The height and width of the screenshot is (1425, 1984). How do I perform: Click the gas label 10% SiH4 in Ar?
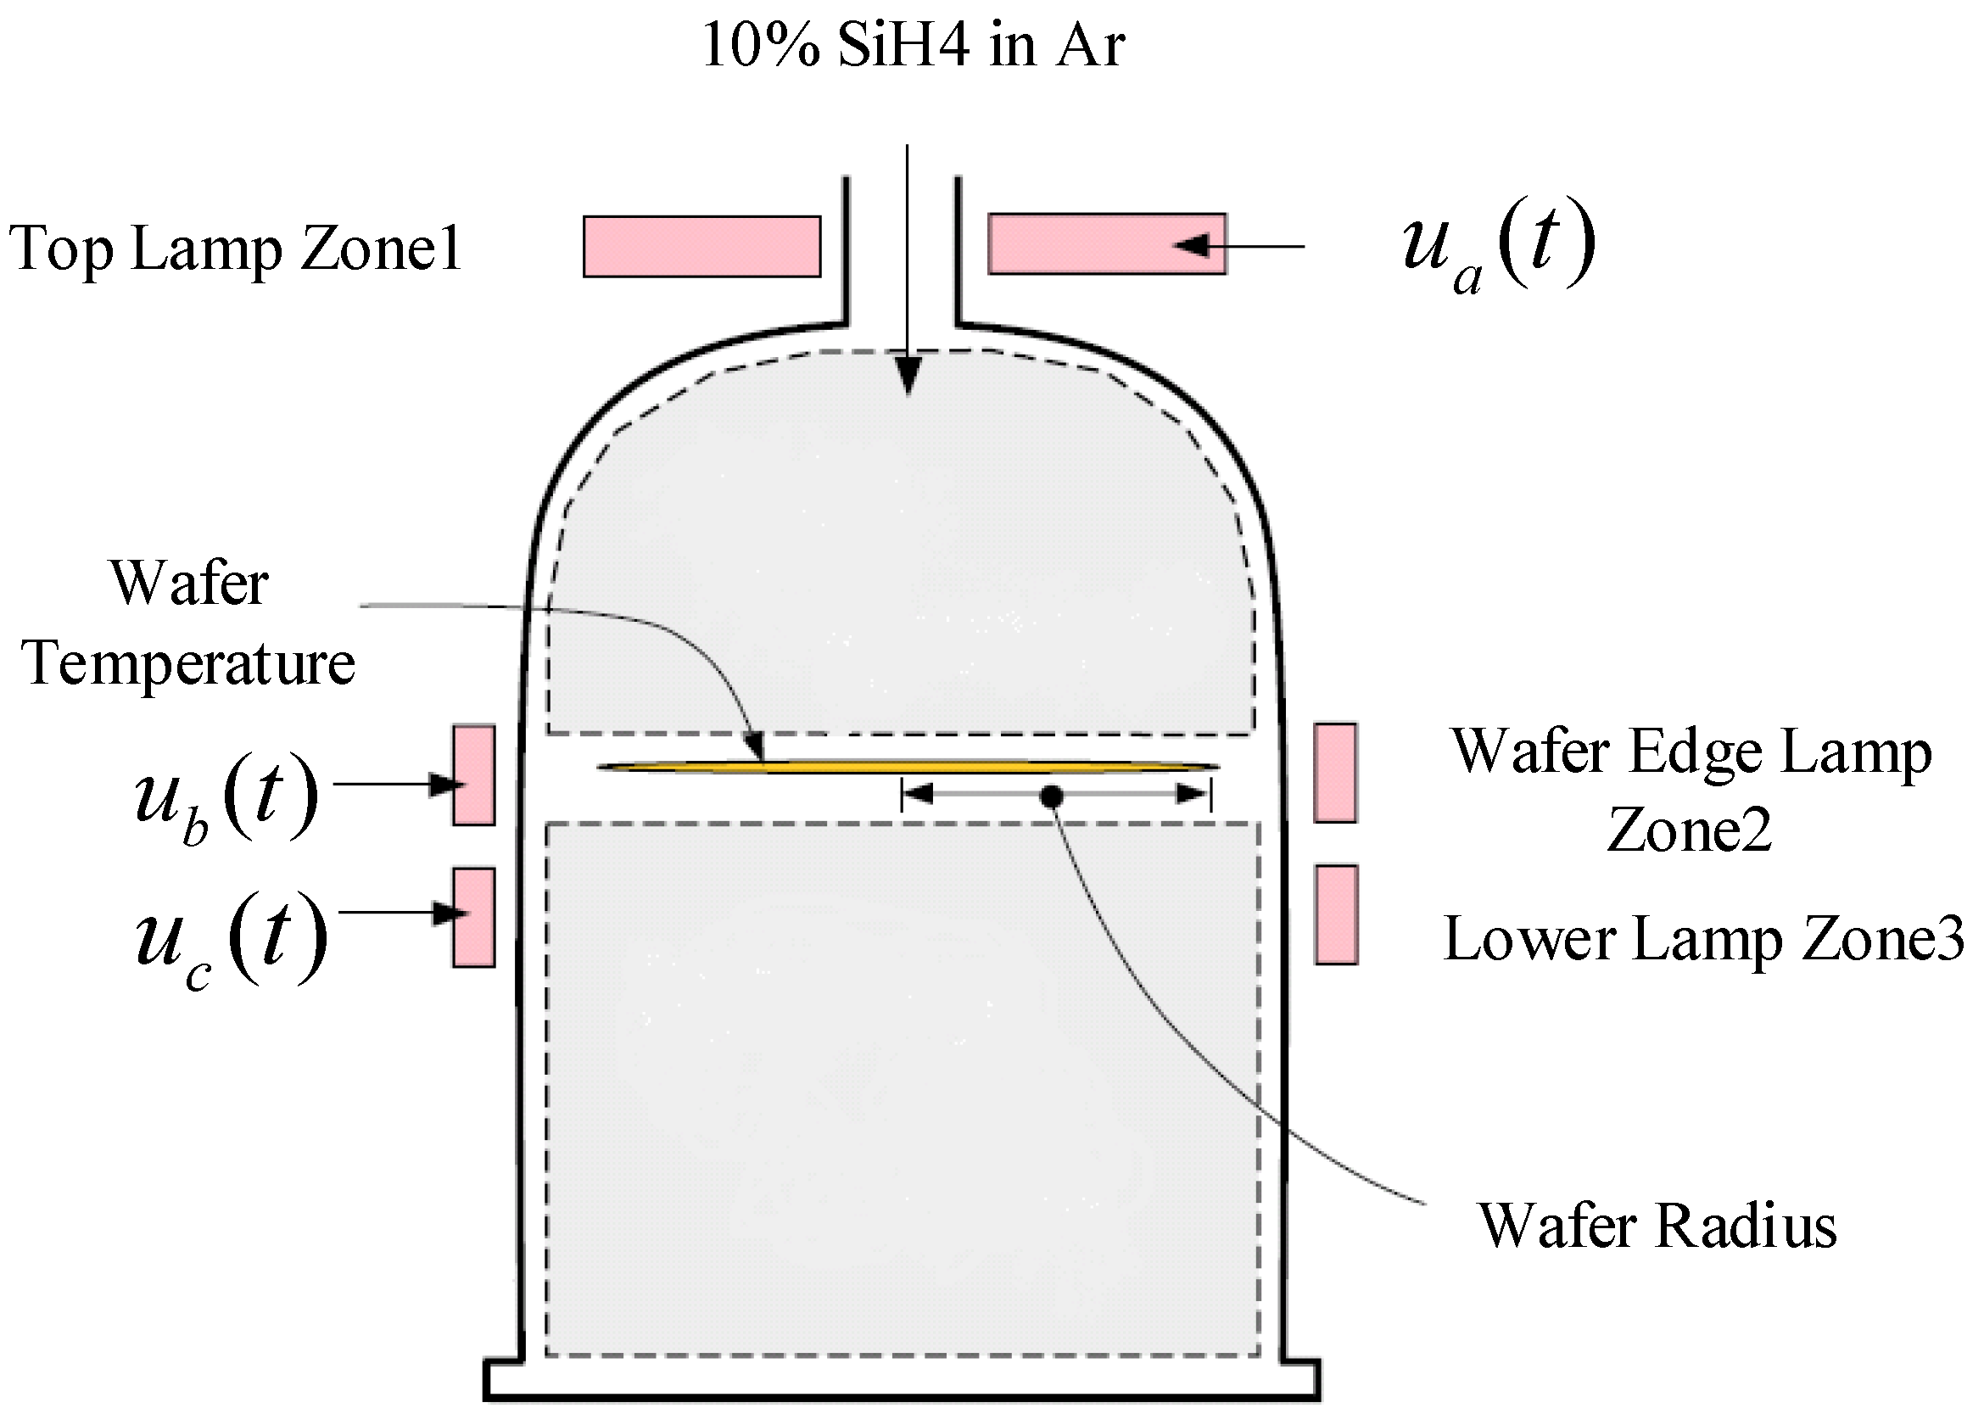coord(913,46)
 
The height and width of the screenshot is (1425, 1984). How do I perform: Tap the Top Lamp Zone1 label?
coord(234,249)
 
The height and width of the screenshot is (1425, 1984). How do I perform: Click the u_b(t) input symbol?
coord(226,797)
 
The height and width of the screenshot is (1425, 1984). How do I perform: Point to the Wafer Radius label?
coord(1657,1226)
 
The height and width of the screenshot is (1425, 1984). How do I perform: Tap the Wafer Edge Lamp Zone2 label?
coord(1691,790)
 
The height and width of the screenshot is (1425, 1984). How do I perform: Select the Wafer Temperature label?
coord(188,623)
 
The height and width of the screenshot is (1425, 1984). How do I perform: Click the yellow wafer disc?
coord(908,767)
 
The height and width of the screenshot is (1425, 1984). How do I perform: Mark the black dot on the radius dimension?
coord(1052,796)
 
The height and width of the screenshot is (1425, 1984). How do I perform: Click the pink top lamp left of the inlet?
coord(701,247)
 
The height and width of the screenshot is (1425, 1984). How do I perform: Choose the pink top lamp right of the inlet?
coord(1107,244)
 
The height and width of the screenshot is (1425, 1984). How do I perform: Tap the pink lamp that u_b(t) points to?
coord(473,775)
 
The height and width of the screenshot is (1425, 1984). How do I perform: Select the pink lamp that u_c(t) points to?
coord(473,917)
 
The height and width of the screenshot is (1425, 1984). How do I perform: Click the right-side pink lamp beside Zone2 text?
coord(1335,773)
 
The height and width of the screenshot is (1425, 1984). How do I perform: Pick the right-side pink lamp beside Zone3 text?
coord(1336,915)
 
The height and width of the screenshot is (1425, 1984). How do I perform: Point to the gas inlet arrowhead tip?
coord(908,394)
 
